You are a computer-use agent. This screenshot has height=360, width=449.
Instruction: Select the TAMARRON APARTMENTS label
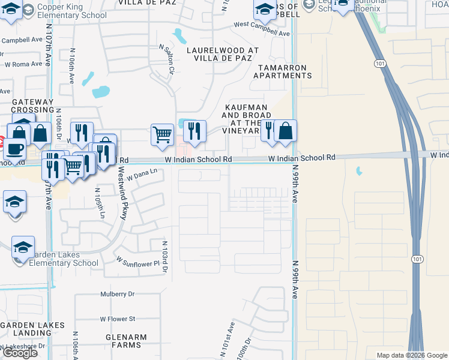point(283,71)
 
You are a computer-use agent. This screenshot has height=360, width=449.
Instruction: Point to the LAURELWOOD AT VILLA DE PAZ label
point(223,55)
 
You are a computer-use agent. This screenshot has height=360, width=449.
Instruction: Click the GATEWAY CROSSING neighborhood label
point(32,106)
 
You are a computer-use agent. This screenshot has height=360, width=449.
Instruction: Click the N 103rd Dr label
point(164,257)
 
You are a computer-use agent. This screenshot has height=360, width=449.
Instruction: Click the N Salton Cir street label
point(166,58)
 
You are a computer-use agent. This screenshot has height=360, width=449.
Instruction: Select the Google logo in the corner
point(20,352)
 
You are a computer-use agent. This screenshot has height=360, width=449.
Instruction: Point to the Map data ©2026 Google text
point(411,355)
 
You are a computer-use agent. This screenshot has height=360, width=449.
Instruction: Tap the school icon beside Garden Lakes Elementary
point(23,247)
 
